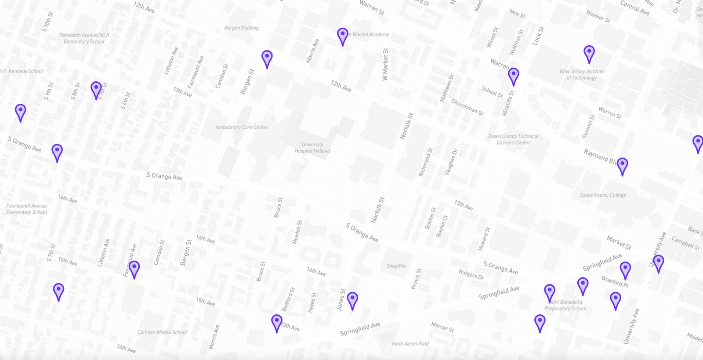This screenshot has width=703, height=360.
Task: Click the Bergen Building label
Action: coord(241,28)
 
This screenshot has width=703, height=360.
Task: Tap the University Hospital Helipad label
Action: coord(312,148)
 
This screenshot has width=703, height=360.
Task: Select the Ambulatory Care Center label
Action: coord(242,127)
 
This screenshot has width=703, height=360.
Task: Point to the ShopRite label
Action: coord(396,266)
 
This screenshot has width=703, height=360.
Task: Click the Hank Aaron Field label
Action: coord(410,344)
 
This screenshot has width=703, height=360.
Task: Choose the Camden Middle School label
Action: coord(162,332)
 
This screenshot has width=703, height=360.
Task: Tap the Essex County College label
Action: coord(603,195)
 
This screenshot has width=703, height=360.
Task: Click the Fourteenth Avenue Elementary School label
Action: coord(26,209)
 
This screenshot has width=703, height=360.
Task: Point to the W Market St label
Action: coord(385,64)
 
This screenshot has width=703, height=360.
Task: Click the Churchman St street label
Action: coord(467,107)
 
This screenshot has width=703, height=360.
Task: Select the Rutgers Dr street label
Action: coord(471,275)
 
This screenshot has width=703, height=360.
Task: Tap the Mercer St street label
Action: coord(442,327)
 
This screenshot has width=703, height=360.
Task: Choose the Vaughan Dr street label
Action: coord(451,162)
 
